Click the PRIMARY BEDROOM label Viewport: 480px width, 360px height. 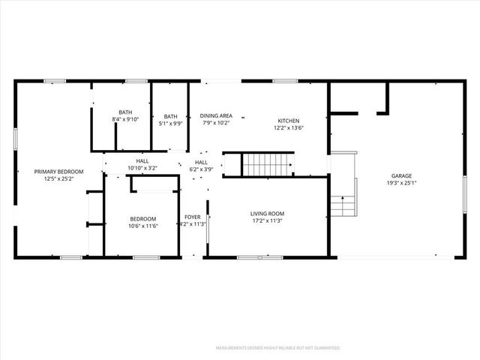(59, 172)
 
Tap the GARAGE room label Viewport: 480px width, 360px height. (402, 176)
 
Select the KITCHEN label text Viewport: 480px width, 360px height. (289, 121)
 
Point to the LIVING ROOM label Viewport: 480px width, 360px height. (267, 214)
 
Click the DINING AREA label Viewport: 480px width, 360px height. (216, 115)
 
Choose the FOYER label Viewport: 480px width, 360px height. (193, 217)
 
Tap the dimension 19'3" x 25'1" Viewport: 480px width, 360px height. (402, 183)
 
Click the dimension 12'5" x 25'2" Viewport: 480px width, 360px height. (59, 178)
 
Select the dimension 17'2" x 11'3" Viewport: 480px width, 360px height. (267, 220)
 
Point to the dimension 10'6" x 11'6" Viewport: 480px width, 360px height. (142, 226)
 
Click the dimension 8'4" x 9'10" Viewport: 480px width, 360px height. (125, 119)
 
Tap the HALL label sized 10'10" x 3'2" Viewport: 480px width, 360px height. (142, 161)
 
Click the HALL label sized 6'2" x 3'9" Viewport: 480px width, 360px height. (202, 162)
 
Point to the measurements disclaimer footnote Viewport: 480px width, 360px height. (278, 348)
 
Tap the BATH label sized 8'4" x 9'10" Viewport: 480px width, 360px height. (125, 112)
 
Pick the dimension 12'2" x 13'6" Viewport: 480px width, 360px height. (289, 127)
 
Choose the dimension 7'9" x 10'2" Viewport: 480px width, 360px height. (216, 122)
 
